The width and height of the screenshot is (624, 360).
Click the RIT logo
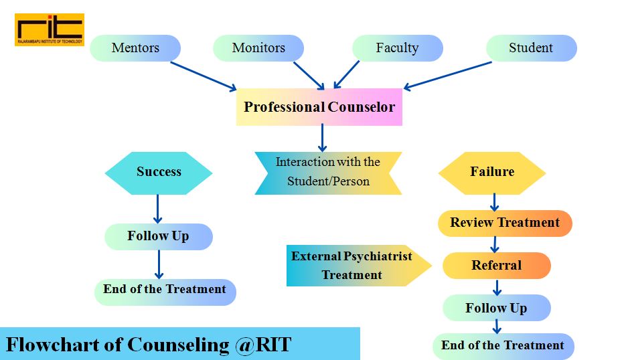[50, 29]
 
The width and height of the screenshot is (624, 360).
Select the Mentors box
[135, 48]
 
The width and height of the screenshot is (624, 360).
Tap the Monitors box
[258, 48]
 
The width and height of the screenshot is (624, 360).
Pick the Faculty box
[397, 48]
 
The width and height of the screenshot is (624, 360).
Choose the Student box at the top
[531, 48]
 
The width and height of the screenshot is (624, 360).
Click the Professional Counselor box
[319, 107]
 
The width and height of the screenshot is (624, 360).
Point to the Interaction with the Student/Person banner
[328, 172]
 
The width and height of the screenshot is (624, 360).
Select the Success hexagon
[159, 172]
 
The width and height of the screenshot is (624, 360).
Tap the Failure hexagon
[492, 172]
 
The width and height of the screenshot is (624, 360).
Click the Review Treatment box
[505, 223]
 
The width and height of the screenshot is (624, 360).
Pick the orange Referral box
[496, 266]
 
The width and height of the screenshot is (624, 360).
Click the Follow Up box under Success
[159, 236]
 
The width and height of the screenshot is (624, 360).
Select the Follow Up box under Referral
[496, 308]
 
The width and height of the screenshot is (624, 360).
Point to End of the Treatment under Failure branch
[503, 346]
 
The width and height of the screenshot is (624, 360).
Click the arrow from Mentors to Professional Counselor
[204, 76]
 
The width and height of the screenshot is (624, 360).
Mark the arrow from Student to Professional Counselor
[448, 75]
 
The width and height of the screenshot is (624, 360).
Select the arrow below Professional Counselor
[322, 138]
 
